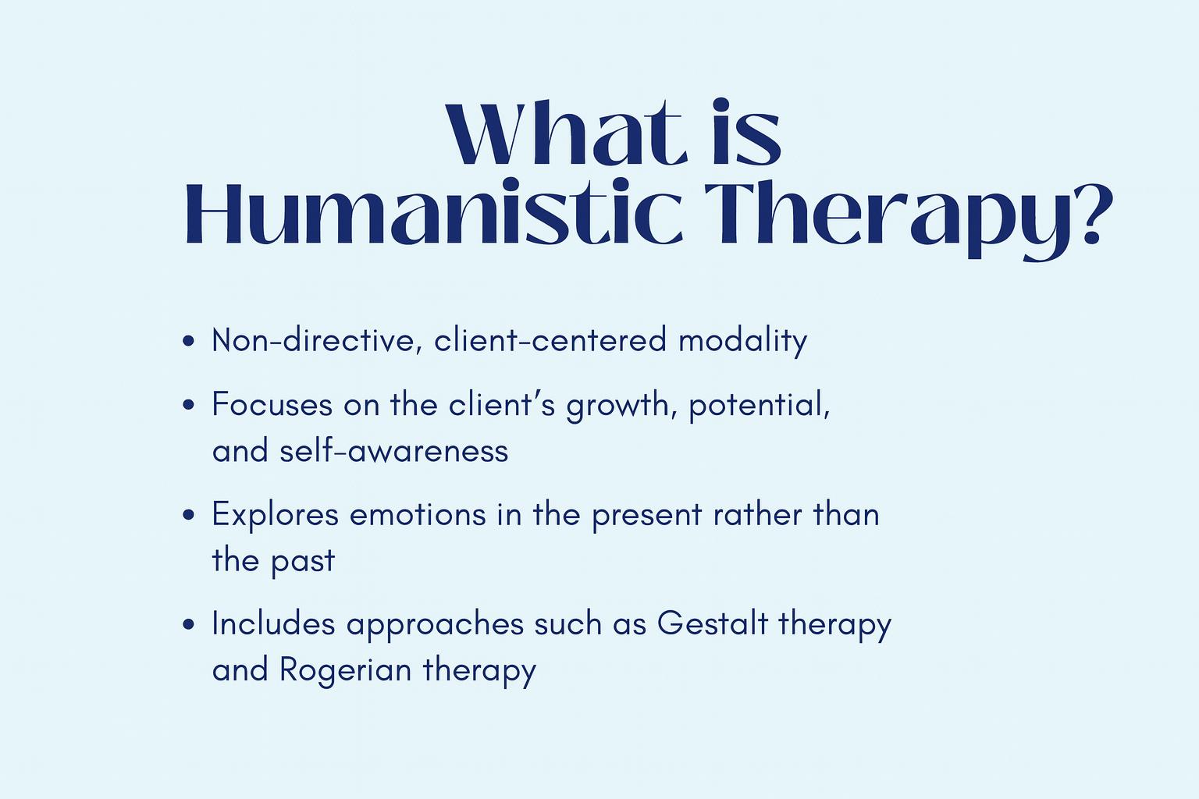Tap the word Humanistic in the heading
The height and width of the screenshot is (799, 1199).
[433, 212]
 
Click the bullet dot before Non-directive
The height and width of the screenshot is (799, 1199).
[188, 341]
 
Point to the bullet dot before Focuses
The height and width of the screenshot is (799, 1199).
[188, 405]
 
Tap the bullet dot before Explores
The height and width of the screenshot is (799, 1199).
[188, 515]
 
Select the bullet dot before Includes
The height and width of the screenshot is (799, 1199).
[188, 624]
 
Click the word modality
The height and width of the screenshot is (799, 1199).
[743, 341]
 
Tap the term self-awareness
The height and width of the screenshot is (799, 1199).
[394, 450]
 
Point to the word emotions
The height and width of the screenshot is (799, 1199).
[418, 515]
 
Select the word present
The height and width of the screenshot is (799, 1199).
[646, 516]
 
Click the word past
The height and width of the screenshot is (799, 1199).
[302, 563]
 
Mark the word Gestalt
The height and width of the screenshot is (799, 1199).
[713, 623]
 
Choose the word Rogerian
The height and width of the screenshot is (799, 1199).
[345, 671]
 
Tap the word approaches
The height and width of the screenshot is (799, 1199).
[435, 626]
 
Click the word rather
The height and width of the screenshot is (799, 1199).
[757, 514]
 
